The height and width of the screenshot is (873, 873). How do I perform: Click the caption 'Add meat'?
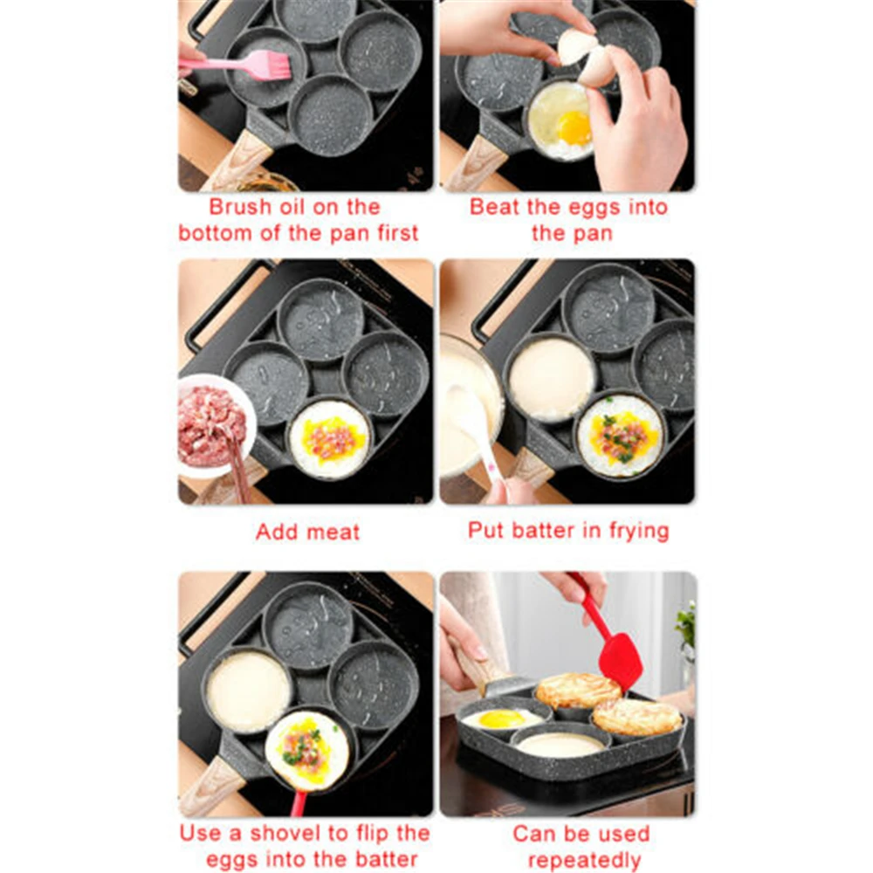[x=307, y=532]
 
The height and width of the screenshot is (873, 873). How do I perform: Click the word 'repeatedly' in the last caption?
[x=583, y=860]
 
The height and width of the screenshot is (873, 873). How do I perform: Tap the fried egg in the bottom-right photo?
[x=501, y=718]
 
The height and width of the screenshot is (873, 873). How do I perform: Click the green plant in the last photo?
[x=686, y=623]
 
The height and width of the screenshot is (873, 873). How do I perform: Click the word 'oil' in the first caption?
[x=301, y=208]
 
